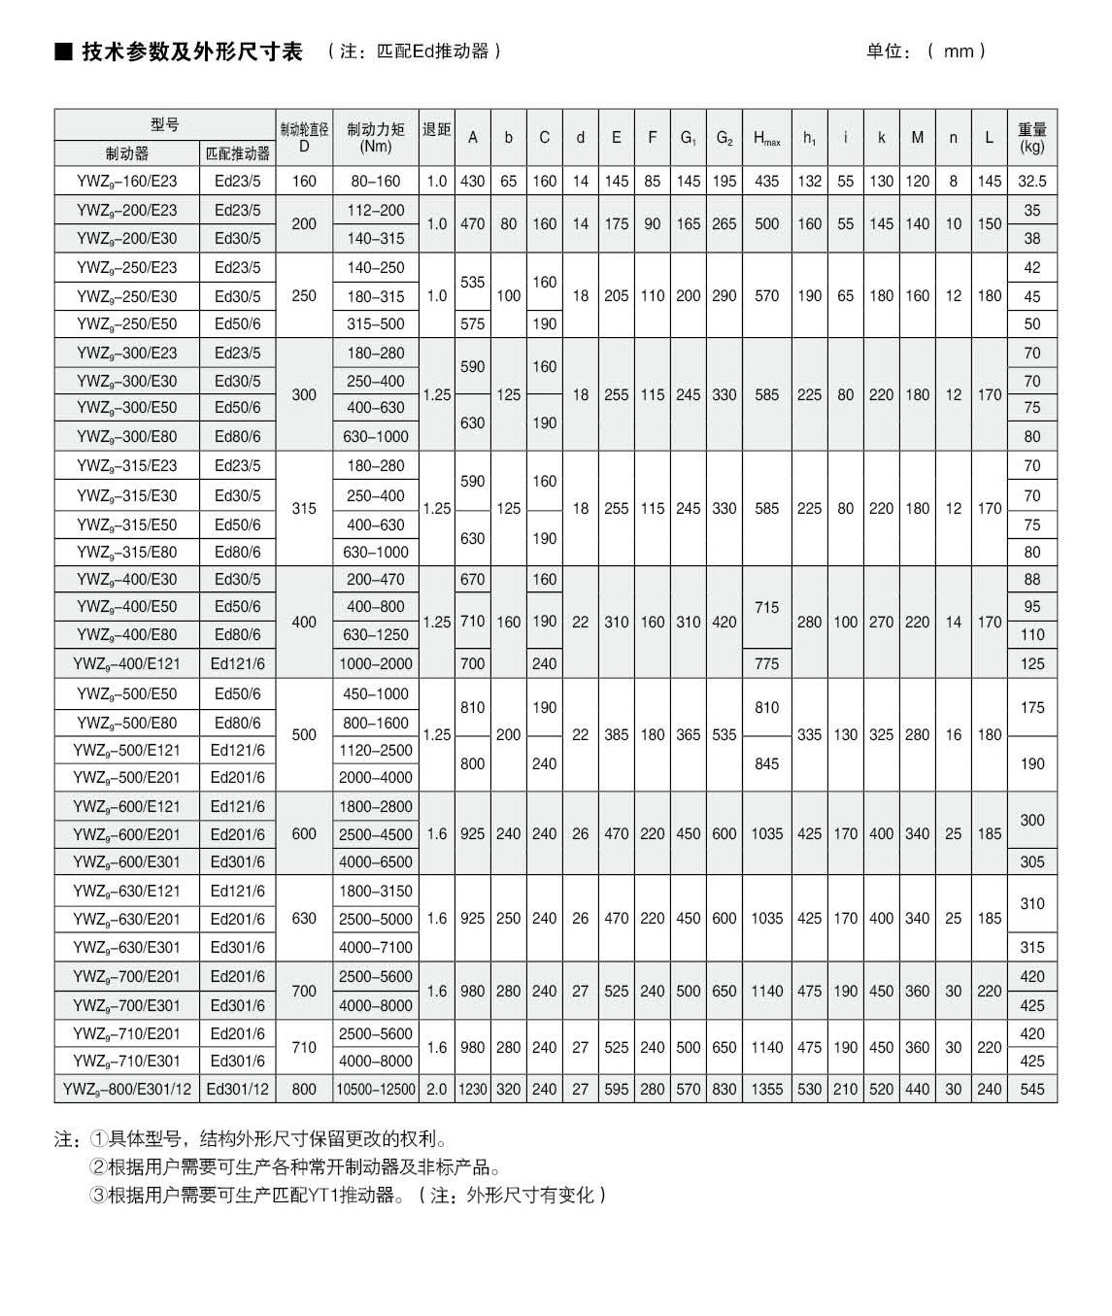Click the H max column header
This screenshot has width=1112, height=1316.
766,138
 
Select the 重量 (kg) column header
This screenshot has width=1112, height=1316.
1031,138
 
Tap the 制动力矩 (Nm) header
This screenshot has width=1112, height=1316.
375,138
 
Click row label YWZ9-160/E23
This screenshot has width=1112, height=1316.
127,182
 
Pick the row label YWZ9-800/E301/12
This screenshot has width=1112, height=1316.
127,1089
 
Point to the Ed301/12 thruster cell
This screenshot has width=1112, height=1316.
238,1089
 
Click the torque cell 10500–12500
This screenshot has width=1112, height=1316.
375,1089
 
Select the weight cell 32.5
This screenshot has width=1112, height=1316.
1031,182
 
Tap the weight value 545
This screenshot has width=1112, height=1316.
1031,1089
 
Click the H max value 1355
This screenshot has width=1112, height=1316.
766,1089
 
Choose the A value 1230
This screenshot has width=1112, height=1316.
472,1089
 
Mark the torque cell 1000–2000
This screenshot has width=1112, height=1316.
377,664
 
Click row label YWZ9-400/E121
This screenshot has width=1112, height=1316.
127,664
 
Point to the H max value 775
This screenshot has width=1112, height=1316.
766,664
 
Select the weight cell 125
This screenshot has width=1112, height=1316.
1031,664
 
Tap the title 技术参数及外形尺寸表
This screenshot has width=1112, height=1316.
192,51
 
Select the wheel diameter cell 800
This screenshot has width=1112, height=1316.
304,1089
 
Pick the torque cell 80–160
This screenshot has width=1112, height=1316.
375,182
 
